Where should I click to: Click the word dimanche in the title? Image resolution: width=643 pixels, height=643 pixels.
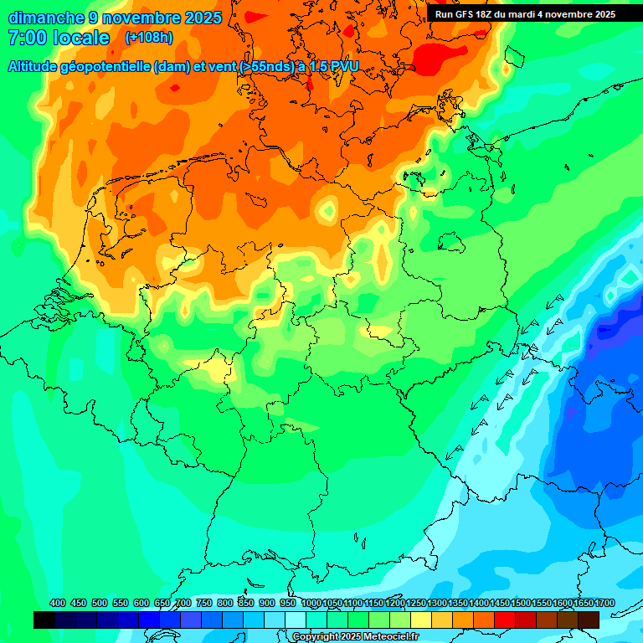click(46, 18)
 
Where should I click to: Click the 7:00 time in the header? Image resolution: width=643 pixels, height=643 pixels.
click(26, 38)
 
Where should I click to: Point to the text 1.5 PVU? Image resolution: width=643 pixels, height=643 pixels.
click(333, 66)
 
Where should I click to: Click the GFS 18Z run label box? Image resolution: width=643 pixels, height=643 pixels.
click(525, 14)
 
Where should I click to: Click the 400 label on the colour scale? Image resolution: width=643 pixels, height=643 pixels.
click(58, 604)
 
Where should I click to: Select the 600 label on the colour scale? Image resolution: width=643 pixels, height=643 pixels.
click(141, 604)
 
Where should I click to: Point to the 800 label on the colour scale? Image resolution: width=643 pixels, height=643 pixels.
click(225, 604)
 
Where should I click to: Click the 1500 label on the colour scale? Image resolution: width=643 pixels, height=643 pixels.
click(521, 604)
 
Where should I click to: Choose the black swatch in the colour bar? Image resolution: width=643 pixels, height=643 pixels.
click(44, 620)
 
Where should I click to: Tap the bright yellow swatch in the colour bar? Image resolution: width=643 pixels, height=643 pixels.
click(421, 620)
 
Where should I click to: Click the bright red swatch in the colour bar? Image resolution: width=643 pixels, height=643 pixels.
click(505, 620)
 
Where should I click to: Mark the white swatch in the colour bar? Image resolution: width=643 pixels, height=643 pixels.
click(296, 620)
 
